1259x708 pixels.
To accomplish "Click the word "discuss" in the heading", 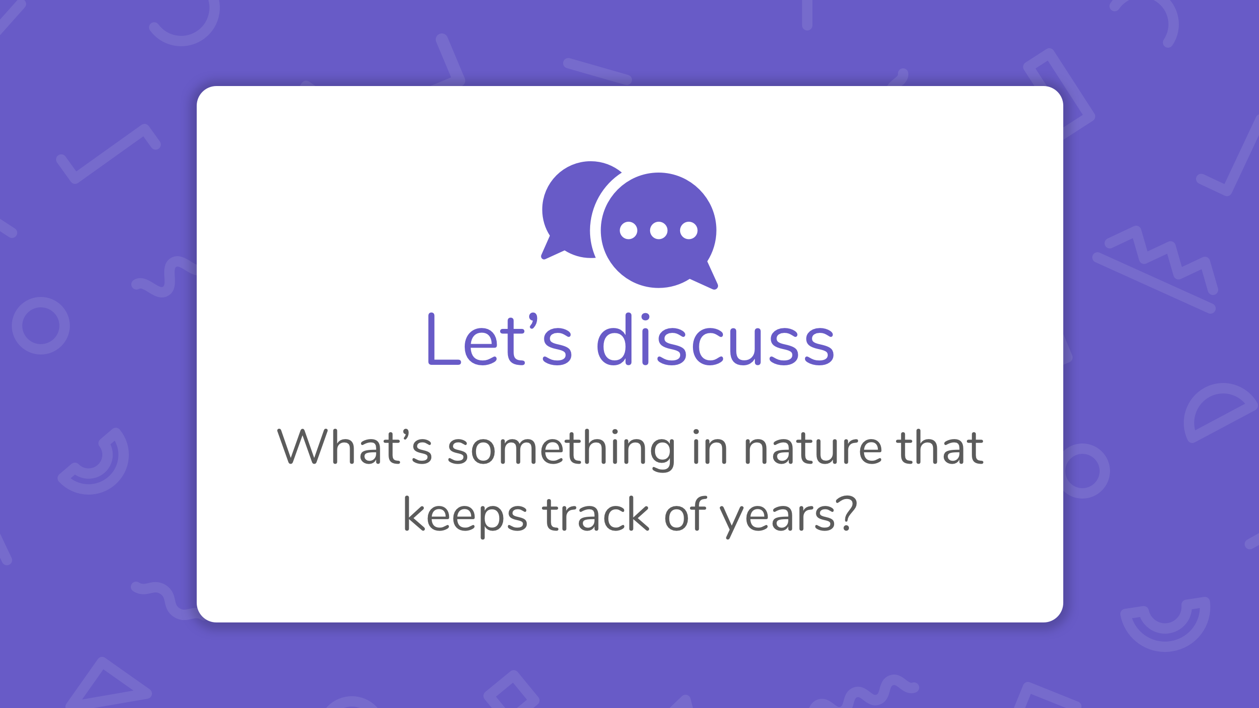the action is (716, 339).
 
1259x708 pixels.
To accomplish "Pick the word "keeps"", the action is (465, 516).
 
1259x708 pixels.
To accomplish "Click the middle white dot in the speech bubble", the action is (659, 230).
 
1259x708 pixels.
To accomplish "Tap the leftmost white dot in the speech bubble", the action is (629, 230).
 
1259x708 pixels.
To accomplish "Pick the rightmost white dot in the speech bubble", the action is (689, 230).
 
